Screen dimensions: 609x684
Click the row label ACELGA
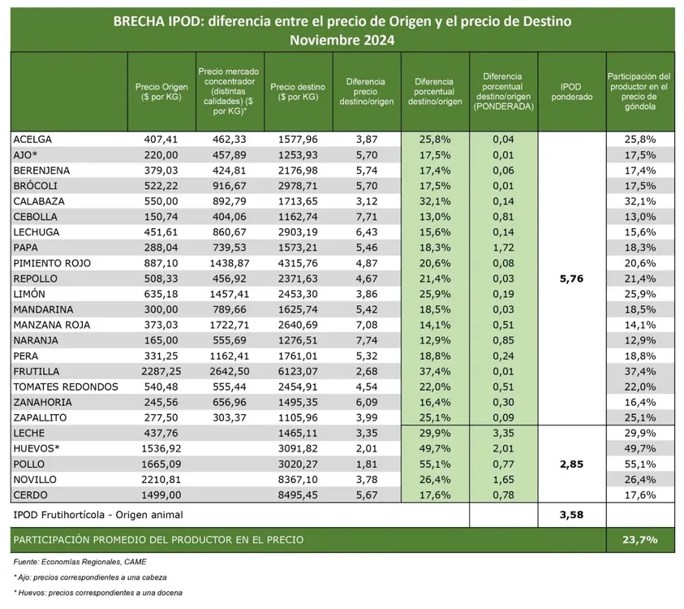[32, 140]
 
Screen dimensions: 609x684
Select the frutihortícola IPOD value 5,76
[572, 279]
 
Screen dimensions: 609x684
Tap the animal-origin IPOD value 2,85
[572, 464]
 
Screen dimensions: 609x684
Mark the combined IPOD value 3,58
[572, 515]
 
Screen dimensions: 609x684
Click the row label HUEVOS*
[37, 449]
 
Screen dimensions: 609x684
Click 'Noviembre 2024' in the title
[342, 39]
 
